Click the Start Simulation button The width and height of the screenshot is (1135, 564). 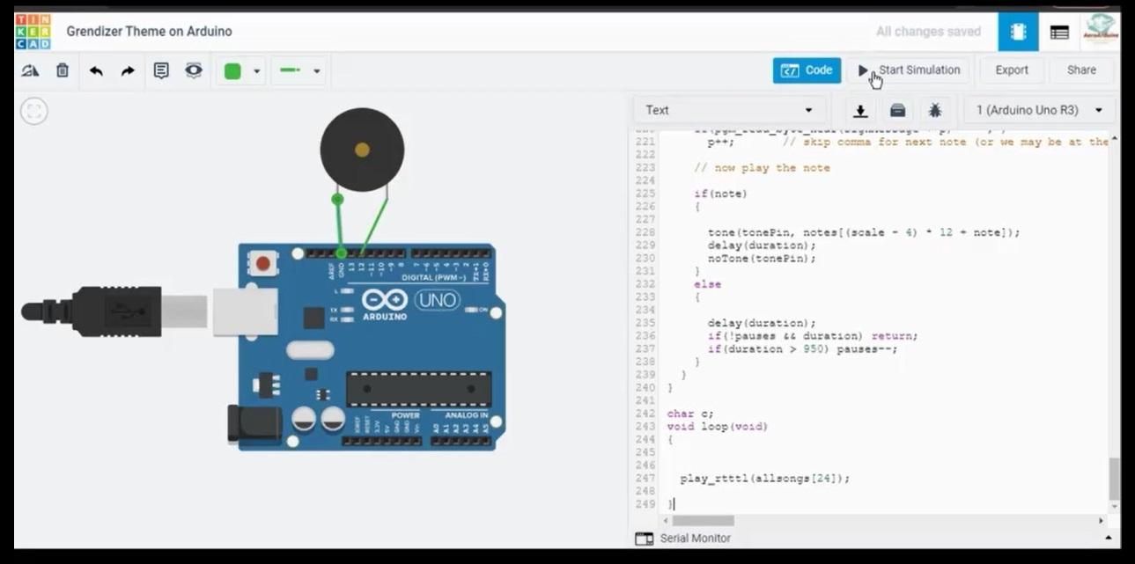click(910, 70)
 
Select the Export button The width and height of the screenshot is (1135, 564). click(1011, 70)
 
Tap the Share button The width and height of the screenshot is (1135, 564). click(1081, 70)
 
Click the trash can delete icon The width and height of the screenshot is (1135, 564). click(63, 70)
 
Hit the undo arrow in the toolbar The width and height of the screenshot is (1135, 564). click(96, 70)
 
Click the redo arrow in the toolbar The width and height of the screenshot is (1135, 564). click(128, 70)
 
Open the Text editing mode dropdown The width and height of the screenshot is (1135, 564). click(728, 110)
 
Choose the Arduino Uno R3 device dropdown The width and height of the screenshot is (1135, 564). click(1038, 110)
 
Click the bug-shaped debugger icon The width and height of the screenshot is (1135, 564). click(934, 110)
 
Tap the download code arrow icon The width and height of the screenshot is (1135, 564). click(860, 111)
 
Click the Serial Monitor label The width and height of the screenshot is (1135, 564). click(695, 538)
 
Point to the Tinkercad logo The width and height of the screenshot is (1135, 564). click(33, 32)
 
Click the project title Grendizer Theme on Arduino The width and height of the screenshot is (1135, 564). click(149, 32)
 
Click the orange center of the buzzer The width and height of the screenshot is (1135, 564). click(362, 150)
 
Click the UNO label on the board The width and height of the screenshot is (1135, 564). click(437, 300)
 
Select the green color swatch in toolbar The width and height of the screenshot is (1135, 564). click(232, 71)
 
